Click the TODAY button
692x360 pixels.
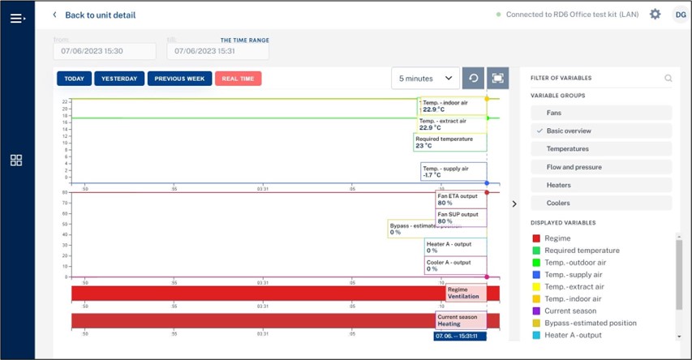click(74, 79)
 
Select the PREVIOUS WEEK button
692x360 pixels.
click(179, 79)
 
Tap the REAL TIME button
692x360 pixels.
click(238, 79)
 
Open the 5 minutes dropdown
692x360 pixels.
click(425, 79)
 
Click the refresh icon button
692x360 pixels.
click(474, 79)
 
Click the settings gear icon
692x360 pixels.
click(655, 15)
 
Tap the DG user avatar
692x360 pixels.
click(680, 15)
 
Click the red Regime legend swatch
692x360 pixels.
click(536, 238)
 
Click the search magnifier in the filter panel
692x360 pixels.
click(668, 79)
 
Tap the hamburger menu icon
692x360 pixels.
click(17, 18)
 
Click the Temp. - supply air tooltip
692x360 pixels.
click(453, 172)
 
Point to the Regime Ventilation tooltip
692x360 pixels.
click(466, 293)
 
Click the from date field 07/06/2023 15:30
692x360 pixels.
click(105, 51)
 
